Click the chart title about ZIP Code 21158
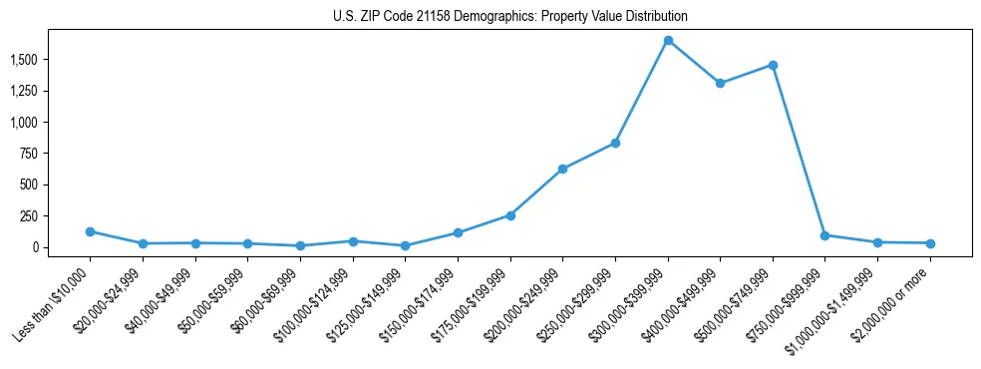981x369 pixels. pyautogui.click(x=510, y=17)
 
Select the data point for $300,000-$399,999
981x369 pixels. pyautogui.click(x=668, y=40)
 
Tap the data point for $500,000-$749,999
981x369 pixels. pyautogui.click(x=773, y=65)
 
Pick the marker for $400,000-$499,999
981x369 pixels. pyautogui.click(x=720, y=83)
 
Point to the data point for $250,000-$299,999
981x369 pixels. pyautogui.click(x=615, y=143)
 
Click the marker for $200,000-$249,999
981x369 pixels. pyautogui.click(x=562, y=169)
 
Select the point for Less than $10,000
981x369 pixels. pyautogui.click(x=90, y=231)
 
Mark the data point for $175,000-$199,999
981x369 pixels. pyautogui.click(x=510, y=215)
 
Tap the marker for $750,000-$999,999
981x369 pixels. pyautogui.click(x=824, y=235)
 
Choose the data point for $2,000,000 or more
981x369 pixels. pyautogui.click(x=929, y=243)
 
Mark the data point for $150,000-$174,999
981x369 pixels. pyautogui.click(x=458, y=232)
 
